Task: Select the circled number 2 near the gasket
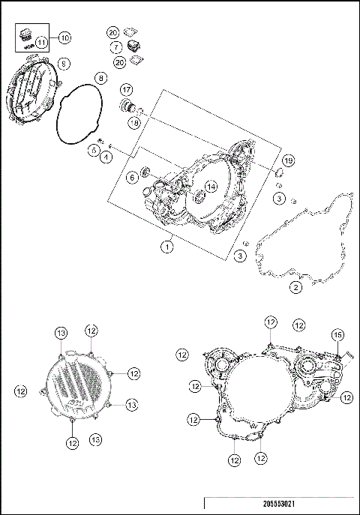[296, 286]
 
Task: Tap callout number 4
[106, 156]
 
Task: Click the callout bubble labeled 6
[132, 177]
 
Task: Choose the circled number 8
[100, 78]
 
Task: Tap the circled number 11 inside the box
[41, 42]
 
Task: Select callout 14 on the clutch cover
[212, 185]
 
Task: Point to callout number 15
[337, 335]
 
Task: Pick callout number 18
[133, 121]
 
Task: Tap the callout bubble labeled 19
[288, 162]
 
